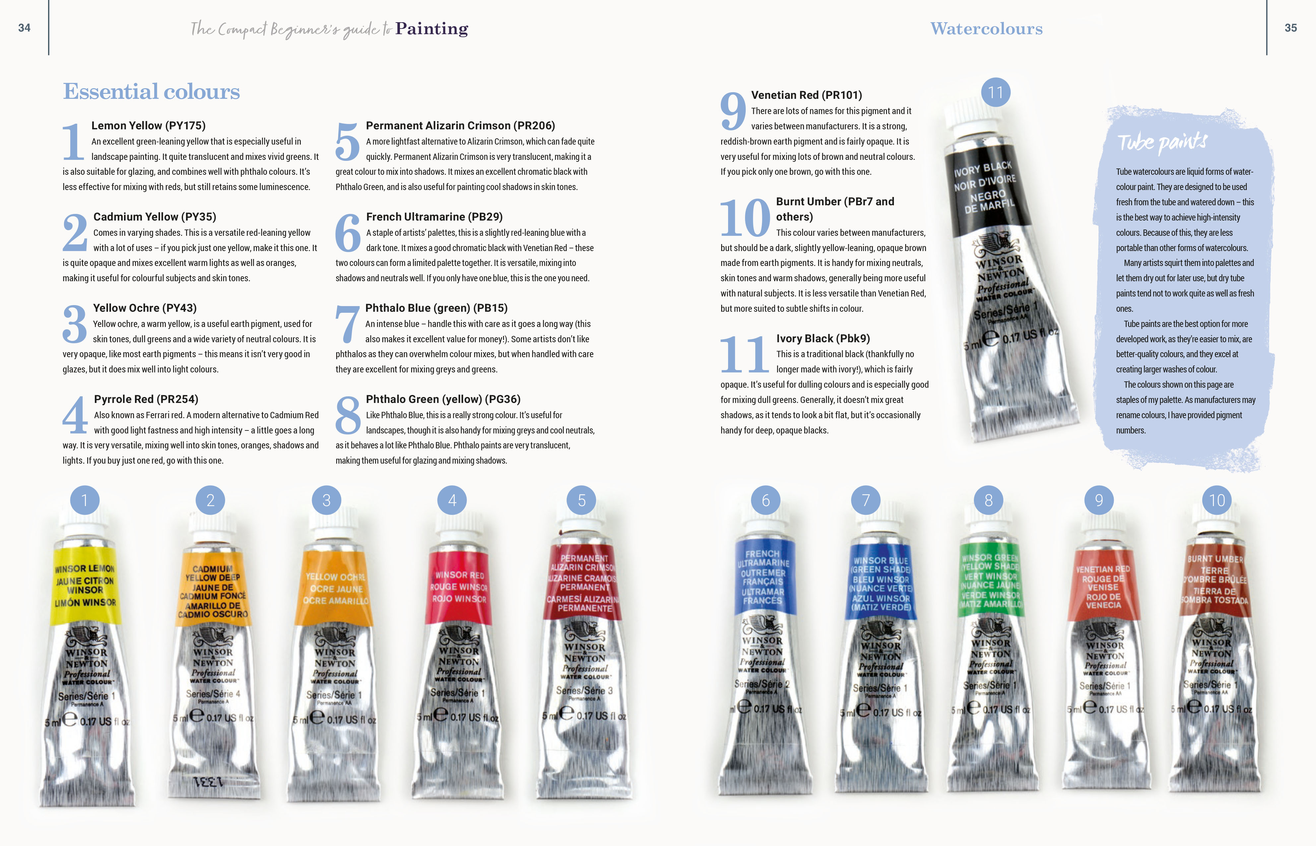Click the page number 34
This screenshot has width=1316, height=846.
coord(24,28)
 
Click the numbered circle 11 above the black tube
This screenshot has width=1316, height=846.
coord(995,92)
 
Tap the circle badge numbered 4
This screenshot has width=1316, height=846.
coord(452,500)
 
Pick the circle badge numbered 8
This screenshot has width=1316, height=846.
coord(988,500)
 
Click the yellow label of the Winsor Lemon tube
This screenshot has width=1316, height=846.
coord(85,585)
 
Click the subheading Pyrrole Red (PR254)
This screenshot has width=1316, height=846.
coord(146,399)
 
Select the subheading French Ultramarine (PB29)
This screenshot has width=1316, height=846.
coord(434,217)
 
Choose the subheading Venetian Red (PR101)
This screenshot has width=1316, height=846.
coord(806,95)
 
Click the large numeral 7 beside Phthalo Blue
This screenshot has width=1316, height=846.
coord(348,324)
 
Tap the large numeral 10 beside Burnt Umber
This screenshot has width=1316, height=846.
coord(745,218)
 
